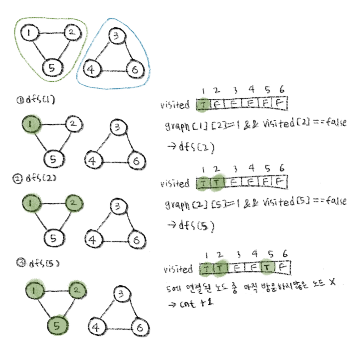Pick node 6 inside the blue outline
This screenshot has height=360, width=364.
135,69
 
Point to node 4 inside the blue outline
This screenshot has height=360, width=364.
91,69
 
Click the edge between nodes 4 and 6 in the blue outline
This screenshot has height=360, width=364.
113,71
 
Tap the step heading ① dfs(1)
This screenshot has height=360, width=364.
36,100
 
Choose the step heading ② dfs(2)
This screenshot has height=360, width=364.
34,178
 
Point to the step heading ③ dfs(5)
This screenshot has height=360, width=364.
38,263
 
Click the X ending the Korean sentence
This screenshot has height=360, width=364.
332,283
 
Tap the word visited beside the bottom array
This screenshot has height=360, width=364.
178,269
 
